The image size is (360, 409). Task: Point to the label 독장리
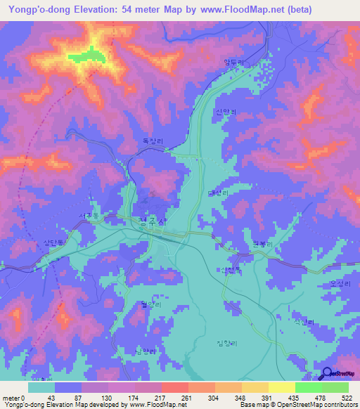point(153,141)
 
